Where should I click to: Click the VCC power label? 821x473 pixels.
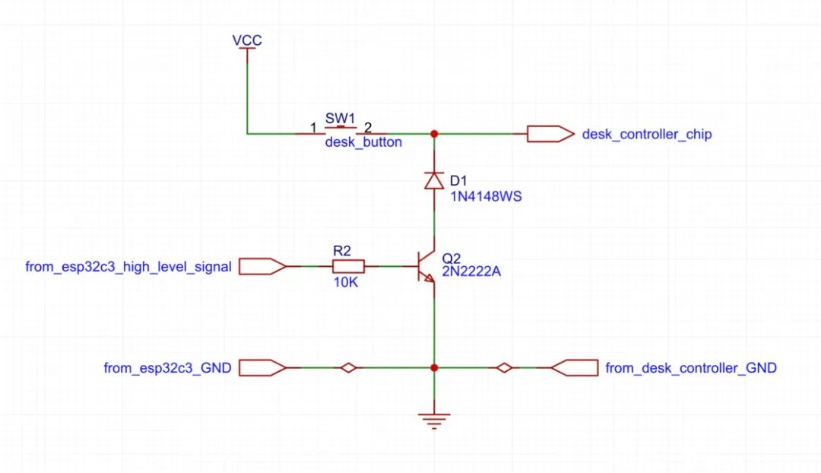pyautogui.click(x=247, y=40)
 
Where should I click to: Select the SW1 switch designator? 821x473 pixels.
pyautogui.click(x=340, y=118)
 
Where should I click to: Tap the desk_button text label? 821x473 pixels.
pyautogui.click(x=363, y=142)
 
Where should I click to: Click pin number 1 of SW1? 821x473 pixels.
pyautogui.click(x=313, y=128)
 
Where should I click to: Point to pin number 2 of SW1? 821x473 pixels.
pyautogui.click(x=368, y=128)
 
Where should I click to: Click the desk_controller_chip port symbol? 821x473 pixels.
pyautogui.click(x=550, y=134)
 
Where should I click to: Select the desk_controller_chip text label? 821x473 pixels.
pyautogui.click(x=647, y=135)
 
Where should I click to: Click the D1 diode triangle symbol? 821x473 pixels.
pyautogui.click(x=434, y=181)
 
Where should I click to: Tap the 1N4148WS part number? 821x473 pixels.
pyautogui.click(x=486, y=197)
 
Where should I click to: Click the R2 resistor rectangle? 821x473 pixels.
pyautogui.click(x=349, y=267)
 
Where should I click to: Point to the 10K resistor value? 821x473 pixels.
pyautogui.click(x=346, y=282)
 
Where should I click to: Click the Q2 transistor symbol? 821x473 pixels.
pyautogui.click(x=426, y=267)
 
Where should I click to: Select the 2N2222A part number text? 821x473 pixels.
pyautogui.click(x=471, y=271)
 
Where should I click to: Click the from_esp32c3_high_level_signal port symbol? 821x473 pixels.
pyautogui.click(x=262, y=267)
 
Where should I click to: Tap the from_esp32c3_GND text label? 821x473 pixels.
pyautogui.click(x=167, y=368)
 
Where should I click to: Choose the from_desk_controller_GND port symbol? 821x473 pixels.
pyautogui.click(x=575, y=368)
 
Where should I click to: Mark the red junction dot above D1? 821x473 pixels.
pyautogui.click(x=434, y=134)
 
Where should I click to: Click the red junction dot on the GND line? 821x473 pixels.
pyautogui.click(x=434, y=368)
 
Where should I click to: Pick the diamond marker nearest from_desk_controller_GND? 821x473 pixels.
pyautogui.click(x=504, y=368)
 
